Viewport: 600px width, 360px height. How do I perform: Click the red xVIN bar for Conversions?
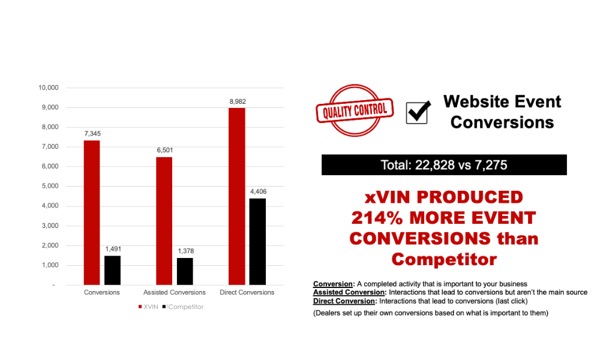pyautogui.click(x=92, y=213)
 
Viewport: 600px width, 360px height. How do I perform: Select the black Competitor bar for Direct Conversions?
pyautogui.click(x=257, y=242)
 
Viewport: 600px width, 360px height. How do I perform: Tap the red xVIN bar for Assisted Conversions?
pyautogui.click(x=164, y=221)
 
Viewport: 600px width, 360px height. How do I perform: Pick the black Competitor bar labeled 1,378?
pyautogui.click(x=185, y=272)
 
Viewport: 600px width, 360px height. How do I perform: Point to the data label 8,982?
pyautogui.click(x=238, y=101)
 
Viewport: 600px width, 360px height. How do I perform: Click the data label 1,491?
pyautogui.click(x=113, y=249)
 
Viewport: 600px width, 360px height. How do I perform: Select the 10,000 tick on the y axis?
pyautogui.click(x=48, y=88)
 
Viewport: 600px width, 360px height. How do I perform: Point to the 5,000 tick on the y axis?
pyautogui.click(x=50, y=186)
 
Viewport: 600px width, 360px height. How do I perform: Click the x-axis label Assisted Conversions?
pyautogui.click(x=175, y=292)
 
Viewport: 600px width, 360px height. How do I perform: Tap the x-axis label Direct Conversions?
pyautogui.click(x=247, y=292)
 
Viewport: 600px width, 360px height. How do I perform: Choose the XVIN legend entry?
pyautogui.click(x=148, y=307)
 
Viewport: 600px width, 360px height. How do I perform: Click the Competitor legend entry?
pyautogui.click(x=183, y=307)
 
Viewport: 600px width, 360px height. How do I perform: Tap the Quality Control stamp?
pyautogui.click(x=355, y=110)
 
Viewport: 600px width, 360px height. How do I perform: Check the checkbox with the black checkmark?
pyautogui.click(x=418, y=112)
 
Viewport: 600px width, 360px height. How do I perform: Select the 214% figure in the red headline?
pyautogui.click(x=377, y=218)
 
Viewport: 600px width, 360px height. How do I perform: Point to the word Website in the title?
pyautogui.click(x=475, y=102)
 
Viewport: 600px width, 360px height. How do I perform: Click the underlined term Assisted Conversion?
pyautogui.click(x=349, y=292)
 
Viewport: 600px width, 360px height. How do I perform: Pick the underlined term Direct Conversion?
pyautogui.click(x=344, y=301)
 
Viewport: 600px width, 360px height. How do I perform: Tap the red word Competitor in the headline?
pyautogui.click(x=444, y=259)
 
